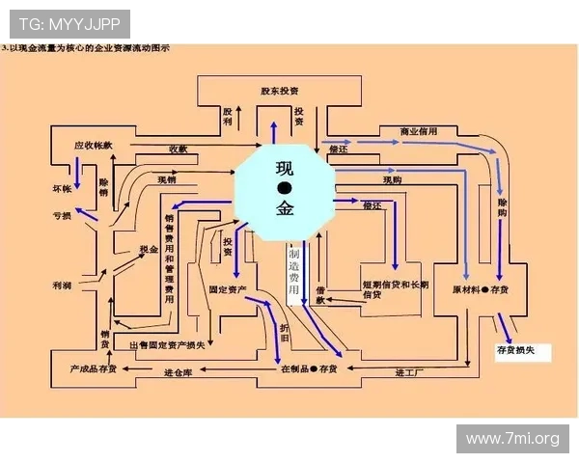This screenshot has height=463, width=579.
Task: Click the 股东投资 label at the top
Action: (x=279, y=91)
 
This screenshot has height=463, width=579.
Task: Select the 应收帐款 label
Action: (x=93, y=146)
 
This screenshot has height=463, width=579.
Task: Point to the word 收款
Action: (x=179, y=149)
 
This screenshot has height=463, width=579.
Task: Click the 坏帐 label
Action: (x=62, y=187)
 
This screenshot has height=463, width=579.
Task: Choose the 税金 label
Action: (x=148, y=249)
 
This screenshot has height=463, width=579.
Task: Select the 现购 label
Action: (x=392, y=179)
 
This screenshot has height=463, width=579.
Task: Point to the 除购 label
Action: (x=503, y=209)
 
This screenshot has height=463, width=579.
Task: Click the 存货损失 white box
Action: (x=522, y=350)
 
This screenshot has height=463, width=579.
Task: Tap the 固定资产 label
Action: (x=228, y=288)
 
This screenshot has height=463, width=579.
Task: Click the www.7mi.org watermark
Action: (x=512, y=439)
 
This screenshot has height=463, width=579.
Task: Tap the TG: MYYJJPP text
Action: (x=66, y=21)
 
